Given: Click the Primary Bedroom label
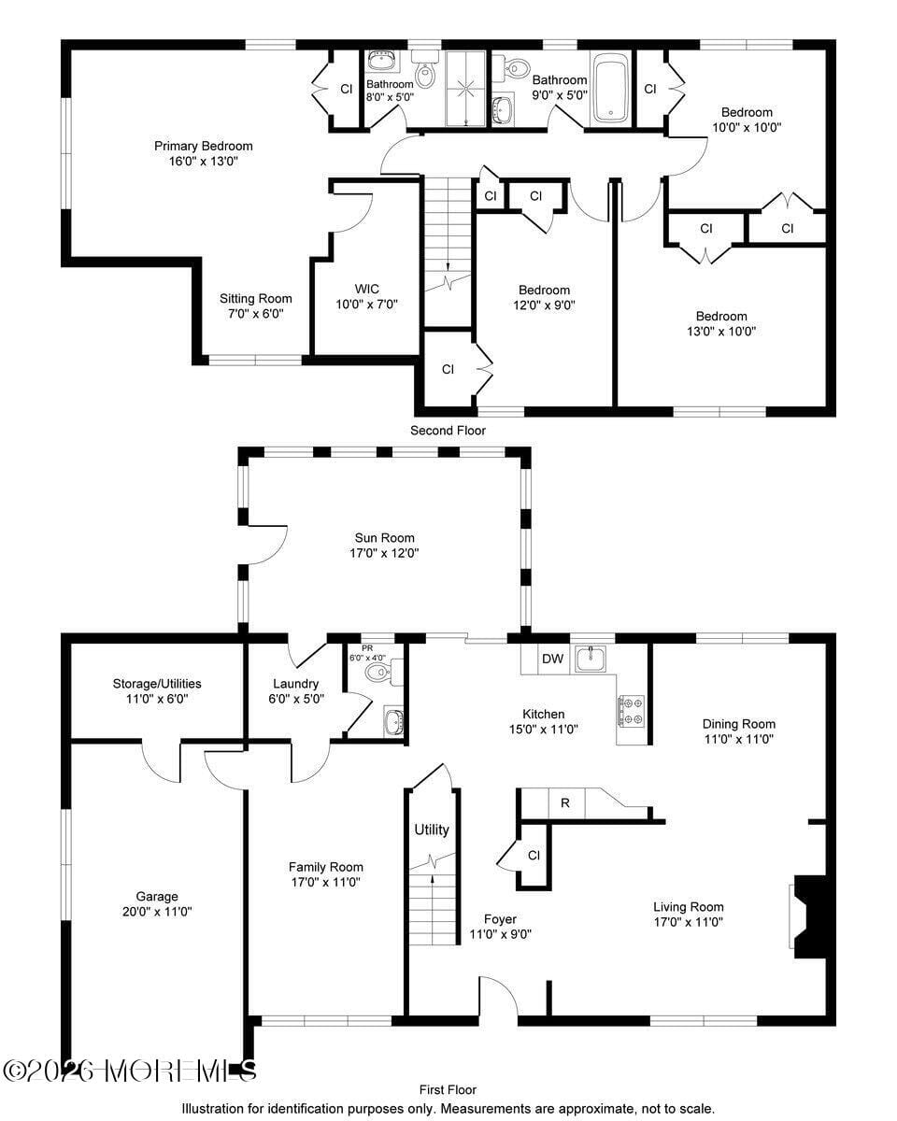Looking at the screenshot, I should coord(203,146).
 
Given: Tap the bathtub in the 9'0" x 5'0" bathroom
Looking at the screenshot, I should coord(612,90).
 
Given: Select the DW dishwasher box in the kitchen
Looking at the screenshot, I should coord(553,659).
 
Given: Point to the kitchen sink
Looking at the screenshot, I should coord(591,659).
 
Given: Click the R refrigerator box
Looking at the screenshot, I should coord(564,802).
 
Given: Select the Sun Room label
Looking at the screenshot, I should coord(384,538).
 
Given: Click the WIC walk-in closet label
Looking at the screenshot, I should coord(366,289).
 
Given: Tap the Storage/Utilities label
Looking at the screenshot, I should coord(157,684).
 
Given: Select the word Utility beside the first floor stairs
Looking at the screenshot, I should coord(432,830).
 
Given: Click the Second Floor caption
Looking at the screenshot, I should coord(448,431).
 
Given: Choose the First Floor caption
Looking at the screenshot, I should coord(448,1089).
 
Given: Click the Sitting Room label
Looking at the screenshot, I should coord(255,299).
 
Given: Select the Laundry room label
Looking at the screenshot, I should coord(295,684).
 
